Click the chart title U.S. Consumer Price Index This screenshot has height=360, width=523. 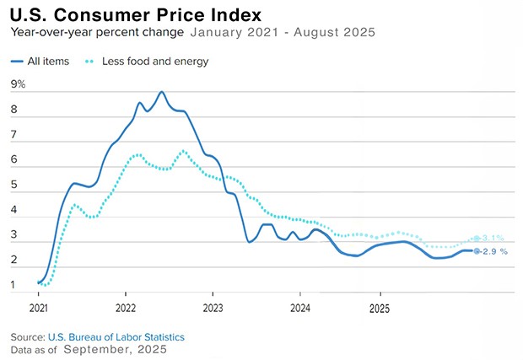(136, 14)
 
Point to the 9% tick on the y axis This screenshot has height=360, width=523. (18, 83)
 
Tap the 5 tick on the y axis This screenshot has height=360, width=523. (13, 185)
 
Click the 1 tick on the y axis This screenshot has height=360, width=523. (13, 285)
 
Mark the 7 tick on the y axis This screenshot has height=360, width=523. (13, 134)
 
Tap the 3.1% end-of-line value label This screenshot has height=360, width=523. (493, 239)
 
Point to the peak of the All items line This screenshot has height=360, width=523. (162, 92)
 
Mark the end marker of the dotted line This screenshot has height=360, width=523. (477, 239)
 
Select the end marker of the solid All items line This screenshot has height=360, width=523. (477, 251)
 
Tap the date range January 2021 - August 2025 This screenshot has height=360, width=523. (283, 33)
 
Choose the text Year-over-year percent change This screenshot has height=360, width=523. (97, 33)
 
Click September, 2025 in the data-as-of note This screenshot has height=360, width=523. (115, 349)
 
